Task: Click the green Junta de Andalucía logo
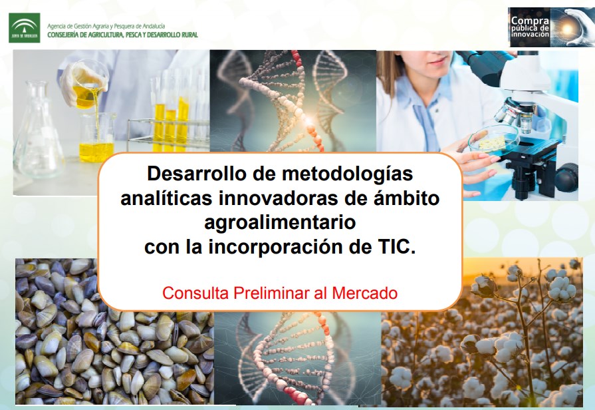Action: pos(25,28)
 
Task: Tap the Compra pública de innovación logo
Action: pos(551,27)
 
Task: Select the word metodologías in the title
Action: pos(347,174)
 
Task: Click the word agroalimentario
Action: pos(280,223)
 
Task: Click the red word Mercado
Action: pos(365,294)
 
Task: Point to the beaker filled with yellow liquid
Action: pos(97,138)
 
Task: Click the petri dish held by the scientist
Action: pos(493,140)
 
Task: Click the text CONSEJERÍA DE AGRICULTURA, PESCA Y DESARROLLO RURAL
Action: pos(122,35)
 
